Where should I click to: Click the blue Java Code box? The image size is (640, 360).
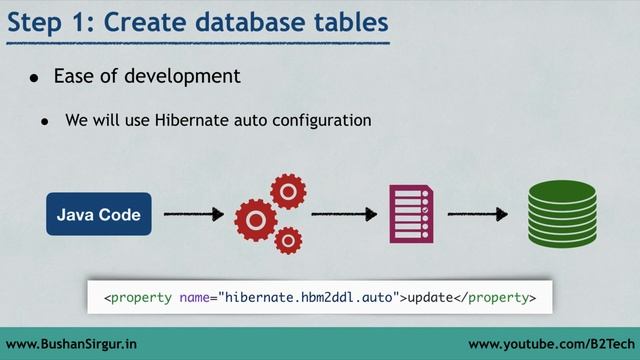[98, 214]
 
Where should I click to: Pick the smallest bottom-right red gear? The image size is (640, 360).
[288, 240]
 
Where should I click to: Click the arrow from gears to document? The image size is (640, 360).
[343, 214]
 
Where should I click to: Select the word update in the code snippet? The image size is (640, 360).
[436, 297]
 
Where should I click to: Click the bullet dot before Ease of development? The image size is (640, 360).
[33, 77]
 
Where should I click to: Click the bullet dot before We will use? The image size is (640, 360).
[45, 121]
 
